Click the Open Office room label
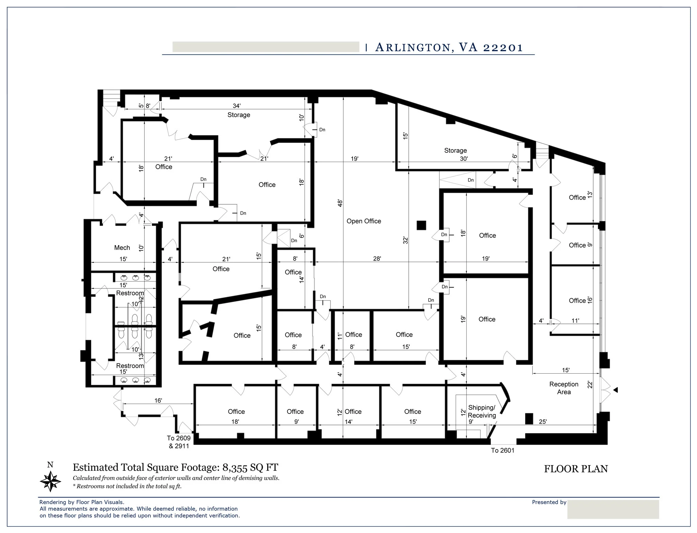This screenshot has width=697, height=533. coord(363,221)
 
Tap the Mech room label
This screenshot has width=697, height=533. coord(122,248)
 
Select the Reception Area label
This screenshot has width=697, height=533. coord(564,388)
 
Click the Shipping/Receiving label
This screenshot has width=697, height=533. coord(482,411)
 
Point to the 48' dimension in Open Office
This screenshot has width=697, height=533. coord(340,203)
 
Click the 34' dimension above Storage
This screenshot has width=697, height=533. coord(237,106)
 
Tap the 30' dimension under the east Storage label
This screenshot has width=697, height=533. coord(464,159)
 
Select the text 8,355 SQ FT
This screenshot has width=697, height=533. coord(250,468)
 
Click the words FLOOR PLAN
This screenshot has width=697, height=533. coord(576,469)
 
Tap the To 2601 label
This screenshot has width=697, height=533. coord(502,451)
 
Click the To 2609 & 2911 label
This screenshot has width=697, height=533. coord(179,442)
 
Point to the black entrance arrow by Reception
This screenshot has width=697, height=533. coord(615,390)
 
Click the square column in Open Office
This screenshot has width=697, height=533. coord(421,225)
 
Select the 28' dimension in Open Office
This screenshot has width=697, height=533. coord(377,258)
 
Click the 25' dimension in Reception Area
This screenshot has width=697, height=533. coord(542,422)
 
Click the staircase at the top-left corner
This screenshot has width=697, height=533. coord(111,95)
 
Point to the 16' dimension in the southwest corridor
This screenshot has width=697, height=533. coord(158,401)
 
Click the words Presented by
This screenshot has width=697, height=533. coord(549,502)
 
